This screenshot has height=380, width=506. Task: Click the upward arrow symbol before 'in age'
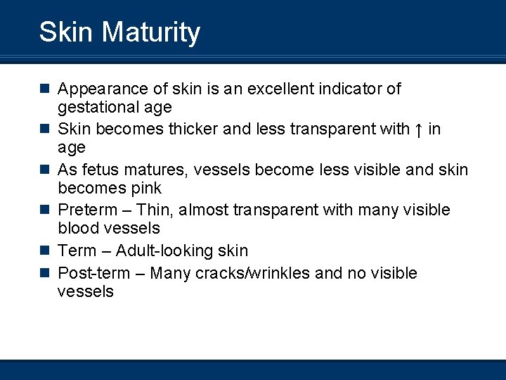[419, 129]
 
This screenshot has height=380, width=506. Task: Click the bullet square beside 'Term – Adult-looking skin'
[44, 251]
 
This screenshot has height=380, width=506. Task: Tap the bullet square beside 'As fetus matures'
[44, 170]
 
